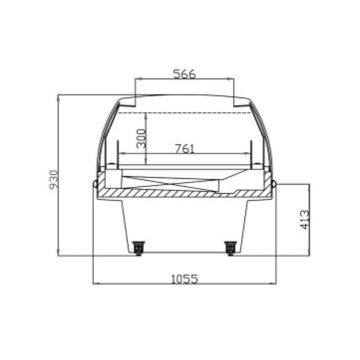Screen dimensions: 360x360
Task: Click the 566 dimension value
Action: pos(184,74)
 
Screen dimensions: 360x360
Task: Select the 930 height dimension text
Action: pos(53,179)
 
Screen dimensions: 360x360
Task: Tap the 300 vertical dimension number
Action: pos(141,139)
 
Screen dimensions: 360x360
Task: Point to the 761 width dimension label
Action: pos(185,148)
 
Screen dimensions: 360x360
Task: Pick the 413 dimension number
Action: pos(305,220)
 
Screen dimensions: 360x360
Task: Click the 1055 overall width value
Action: pos(184,279)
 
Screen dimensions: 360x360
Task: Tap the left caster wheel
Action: pos(139,248)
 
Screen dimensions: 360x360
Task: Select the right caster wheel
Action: pos(230,248)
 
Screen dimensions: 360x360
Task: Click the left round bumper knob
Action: pos(95,184)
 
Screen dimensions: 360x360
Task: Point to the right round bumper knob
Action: pos(274,184)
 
